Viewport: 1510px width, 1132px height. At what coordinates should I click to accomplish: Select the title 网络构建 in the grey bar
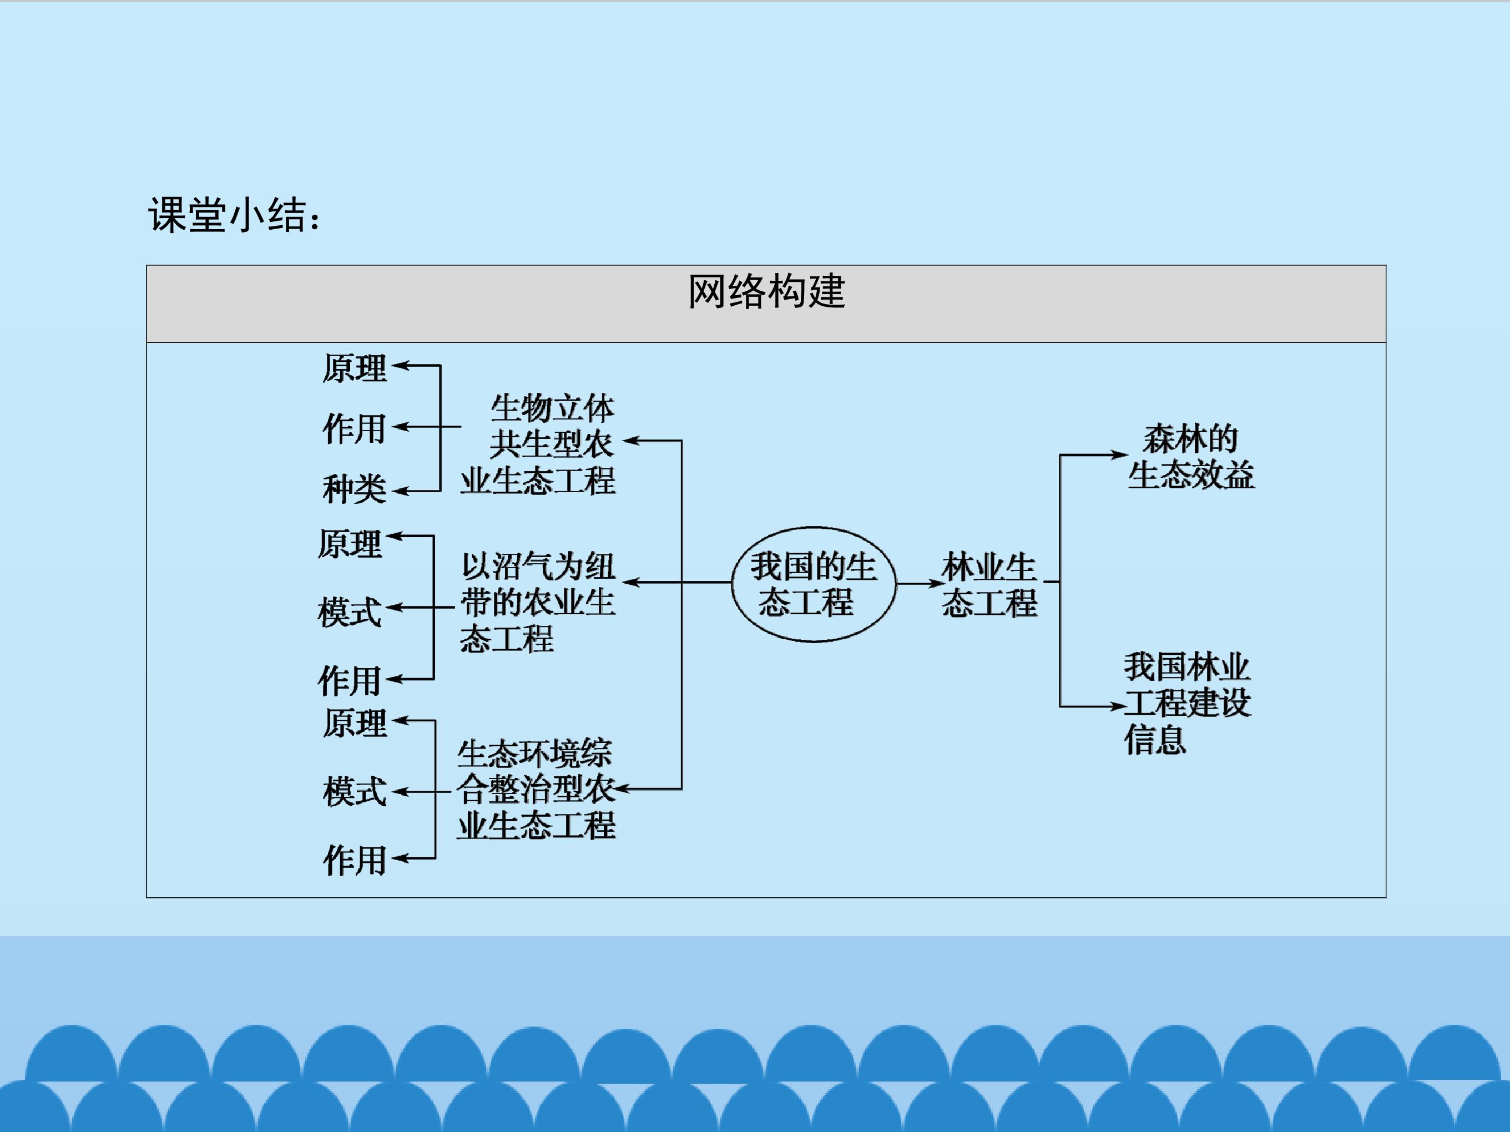point(766,291)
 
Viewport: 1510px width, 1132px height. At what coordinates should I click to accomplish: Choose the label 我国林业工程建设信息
point(1187,703)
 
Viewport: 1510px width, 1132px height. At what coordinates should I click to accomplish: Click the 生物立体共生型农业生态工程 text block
point(538,444)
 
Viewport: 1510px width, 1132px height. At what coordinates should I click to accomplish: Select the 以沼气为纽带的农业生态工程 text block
point(538,602)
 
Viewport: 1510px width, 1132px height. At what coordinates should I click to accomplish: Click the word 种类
point(354,489)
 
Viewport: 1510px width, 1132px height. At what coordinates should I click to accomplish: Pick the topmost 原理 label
point(354,368)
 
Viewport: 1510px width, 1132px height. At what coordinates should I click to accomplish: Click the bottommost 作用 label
point(354,860)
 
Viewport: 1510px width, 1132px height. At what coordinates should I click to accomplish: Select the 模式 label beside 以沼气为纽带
point(350,611)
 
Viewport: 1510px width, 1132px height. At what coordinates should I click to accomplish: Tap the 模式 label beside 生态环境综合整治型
point(354,791)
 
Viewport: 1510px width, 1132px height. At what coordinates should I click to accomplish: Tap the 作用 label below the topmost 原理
point(354,429)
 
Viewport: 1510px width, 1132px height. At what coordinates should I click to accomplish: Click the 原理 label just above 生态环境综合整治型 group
point(354,723)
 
